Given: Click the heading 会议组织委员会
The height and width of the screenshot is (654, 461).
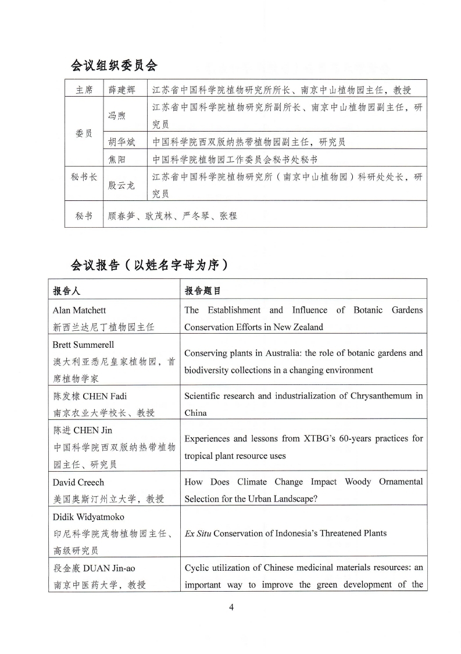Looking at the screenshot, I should pos(114,65).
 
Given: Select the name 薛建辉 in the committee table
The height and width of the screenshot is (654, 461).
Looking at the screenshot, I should pos(121,90).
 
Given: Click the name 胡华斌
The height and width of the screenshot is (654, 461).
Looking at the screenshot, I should pos(121,142).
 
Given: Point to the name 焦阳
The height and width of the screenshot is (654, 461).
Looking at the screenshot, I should pos(117,159).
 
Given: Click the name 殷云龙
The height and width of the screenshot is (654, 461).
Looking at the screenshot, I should pos(121,185).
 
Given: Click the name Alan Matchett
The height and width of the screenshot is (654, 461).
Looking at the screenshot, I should pos(79,310).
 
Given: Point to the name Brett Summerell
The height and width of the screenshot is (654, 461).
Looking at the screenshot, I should pos(81,345).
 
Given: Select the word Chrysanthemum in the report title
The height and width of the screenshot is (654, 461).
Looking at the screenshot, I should pos(378,396).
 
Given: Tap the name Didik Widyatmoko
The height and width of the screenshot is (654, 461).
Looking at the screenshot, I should pos(88,517).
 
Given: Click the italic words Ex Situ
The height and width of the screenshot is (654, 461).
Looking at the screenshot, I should pos(198,533).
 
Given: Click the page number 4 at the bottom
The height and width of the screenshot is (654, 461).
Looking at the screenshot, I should pos(231,608).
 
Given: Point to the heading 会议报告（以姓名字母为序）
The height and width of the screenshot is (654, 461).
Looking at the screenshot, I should pos(148,265).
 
